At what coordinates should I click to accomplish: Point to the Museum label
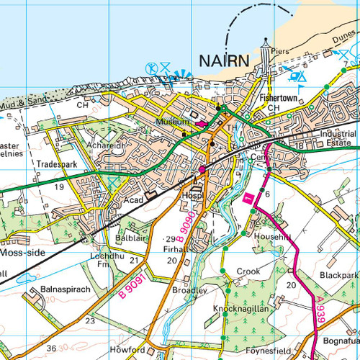click(171, 122)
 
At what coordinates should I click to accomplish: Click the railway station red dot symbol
click(202, 169)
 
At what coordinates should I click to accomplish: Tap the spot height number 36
click(50, 348)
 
